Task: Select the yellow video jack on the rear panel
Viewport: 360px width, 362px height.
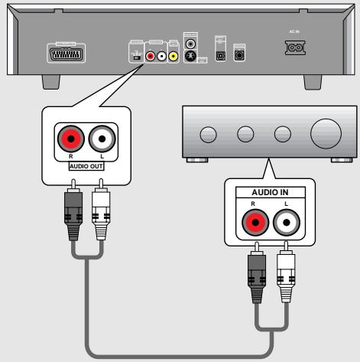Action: pos(174,55)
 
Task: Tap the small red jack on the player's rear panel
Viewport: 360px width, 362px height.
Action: pos(151,55)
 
